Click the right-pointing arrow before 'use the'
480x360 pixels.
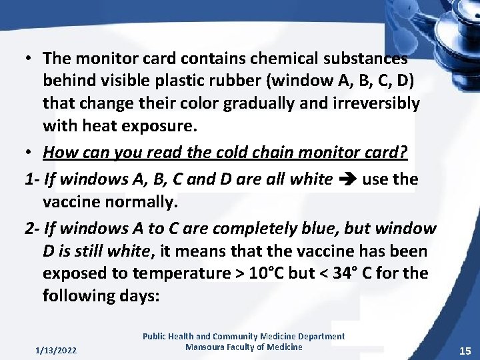[x=346, y=179]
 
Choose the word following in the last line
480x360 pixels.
[x=81, y=295]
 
